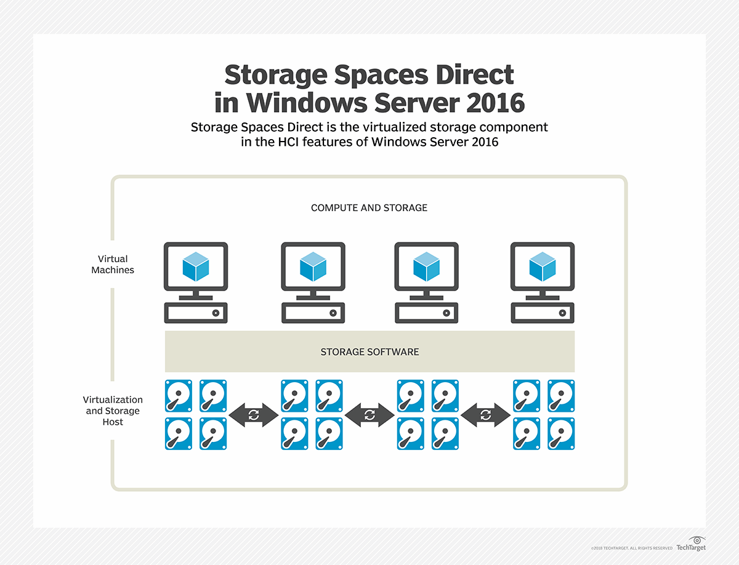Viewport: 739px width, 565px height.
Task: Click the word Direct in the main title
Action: click(475, 74)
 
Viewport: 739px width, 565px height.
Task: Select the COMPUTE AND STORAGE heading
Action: click(369, 208)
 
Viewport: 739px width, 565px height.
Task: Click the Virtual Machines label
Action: click(113, 264)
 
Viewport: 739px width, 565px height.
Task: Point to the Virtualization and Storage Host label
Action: click(113, 411)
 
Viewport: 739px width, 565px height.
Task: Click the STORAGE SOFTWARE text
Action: click(369, 352)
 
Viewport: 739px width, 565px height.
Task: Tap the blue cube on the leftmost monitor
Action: click(196, 266)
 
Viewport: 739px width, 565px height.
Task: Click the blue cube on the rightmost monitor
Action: click(543, 266)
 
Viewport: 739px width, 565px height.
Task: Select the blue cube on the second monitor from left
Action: click(313, 266)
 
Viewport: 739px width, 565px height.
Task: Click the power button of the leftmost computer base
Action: click(216, 313)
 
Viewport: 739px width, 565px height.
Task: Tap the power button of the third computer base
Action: click(446, 313)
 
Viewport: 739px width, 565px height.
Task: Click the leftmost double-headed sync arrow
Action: click(254, 415)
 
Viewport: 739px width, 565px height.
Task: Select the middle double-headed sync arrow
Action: click(369, 415)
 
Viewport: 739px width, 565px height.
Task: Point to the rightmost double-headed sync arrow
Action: click(485, 415)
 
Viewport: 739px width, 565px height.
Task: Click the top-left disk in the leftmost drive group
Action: click(179, 396)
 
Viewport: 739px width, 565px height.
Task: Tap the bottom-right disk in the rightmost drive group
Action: click(561, 434)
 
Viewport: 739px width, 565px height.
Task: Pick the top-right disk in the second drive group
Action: click(329, 396)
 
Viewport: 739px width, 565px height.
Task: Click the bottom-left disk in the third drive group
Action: click(410, 434)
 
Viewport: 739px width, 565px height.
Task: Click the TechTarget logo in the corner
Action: click(691, 544)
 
